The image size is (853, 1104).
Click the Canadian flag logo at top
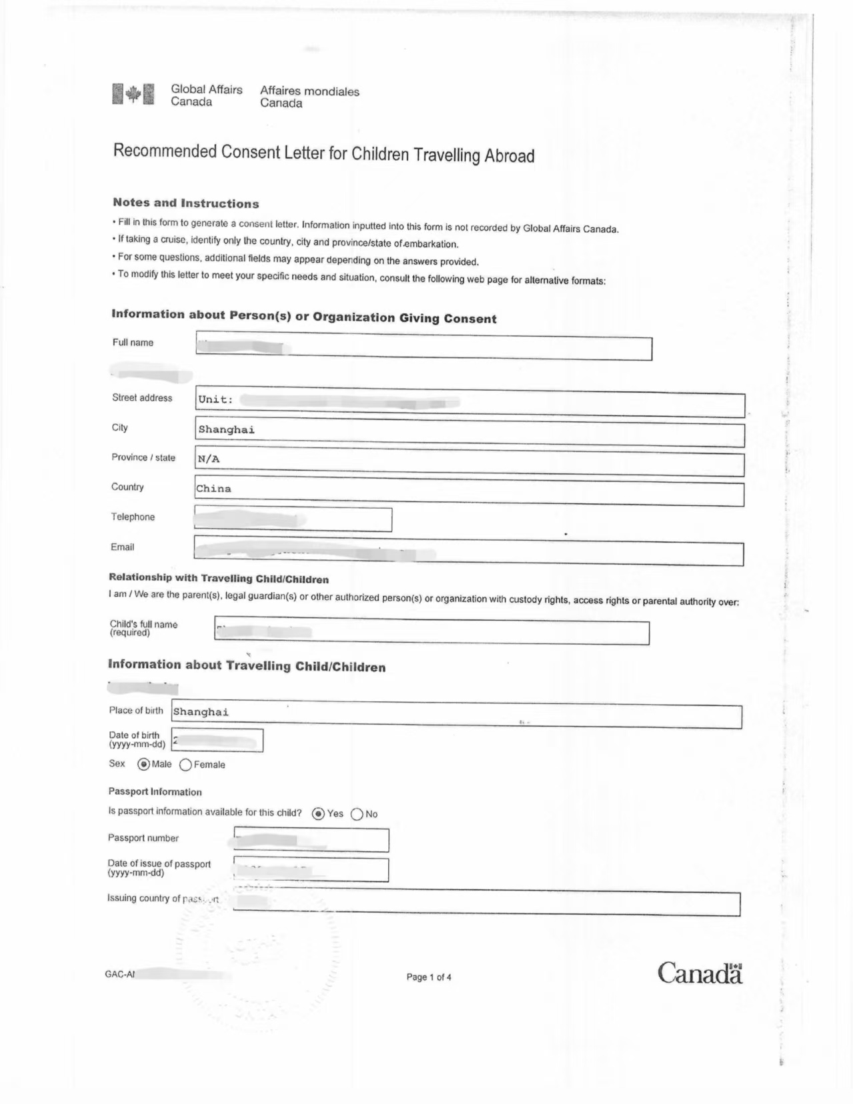point(133,94)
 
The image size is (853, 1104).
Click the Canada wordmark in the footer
point(700,973)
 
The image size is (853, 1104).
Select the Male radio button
point(143,764)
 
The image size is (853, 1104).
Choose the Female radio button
point(185,765)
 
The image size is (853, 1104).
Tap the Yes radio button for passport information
point(319,813)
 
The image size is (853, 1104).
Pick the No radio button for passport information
point(357,814)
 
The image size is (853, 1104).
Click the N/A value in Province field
point(209,459)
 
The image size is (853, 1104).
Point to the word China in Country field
point(213,489)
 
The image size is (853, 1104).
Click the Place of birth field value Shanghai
point(201,712)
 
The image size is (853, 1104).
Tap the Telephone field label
point(133,517)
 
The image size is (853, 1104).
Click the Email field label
point(122,547)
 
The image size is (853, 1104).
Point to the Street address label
point(142,397)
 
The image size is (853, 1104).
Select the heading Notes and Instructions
point(185,203)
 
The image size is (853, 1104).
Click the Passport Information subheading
point(155,791)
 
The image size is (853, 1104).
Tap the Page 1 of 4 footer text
point(429,977)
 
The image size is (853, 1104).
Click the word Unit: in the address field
point(215,399)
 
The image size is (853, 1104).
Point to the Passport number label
point(143,838)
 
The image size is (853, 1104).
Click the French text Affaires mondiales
point(309,91)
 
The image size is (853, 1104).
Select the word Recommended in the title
point(165,151)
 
